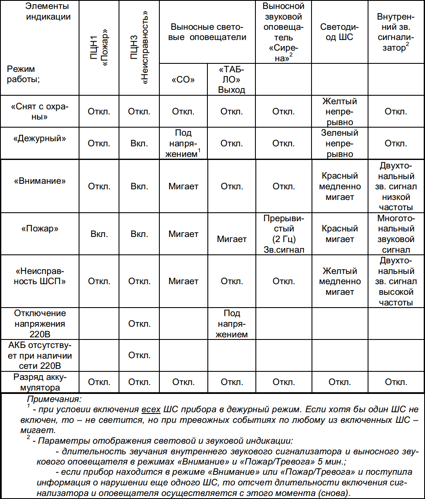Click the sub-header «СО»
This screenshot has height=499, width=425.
tap(183, 80)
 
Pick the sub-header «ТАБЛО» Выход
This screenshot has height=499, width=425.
tap(232, 80)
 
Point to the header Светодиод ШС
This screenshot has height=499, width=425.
tap(340, 32)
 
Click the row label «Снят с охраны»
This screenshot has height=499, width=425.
tap(40, 111)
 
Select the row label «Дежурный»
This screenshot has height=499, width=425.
tap(40, 138)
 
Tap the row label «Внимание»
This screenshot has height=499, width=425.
tap(40, 180)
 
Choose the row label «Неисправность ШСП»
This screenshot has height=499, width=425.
tap(40, 276)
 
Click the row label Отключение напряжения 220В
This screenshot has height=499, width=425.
tap(40, 324)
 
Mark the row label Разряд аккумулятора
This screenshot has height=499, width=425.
tap(40, 382)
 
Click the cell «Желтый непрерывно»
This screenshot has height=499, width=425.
tap(340, 112)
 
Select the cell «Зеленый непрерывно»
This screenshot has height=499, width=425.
tap(340, 143)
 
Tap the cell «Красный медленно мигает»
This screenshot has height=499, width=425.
tap(340, 186)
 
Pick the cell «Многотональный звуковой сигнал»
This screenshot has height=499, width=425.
tap(396, 234)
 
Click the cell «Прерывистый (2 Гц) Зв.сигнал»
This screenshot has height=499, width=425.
tap(283, 234)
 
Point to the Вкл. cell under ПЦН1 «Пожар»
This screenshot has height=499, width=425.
tap(99, 234)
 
